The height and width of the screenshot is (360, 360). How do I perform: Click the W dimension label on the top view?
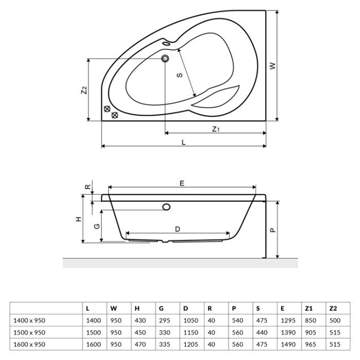point(273,66)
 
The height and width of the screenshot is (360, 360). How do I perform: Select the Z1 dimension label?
point(216,129)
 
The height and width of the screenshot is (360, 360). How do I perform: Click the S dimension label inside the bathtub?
point(179,75)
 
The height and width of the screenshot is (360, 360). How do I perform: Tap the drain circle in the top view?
point(166,59)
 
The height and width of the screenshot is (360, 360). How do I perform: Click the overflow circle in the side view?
point(166,207)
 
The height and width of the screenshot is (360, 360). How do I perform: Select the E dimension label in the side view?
point(182,183)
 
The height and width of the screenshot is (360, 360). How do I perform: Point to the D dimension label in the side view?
point(177,229)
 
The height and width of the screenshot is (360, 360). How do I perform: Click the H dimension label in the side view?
point(78,219)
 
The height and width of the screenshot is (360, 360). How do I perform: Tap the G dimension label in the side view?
point(96,226)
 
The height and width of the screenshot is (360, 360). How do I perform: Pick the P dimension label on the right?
point(273,229)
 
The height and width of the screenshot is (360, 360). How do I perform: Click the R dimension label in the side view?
point(87,187)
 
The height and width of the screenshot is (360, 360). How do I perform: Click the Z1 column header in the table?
point(309,308)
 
